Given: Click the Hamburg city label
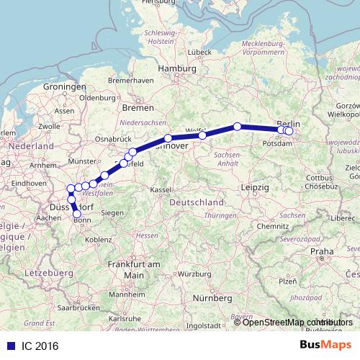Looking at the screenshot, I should point(176,69).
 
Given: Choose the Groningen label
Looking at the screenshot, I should point(64,87).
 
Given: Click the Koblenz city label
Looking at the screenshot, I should point(96,239).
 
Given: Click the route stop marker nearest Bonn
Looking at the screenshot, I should point(77,214).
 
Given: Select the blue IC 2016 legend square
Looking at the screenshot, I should point(6,345).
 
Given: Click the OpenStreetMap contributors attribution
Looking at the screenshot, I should point(294,322).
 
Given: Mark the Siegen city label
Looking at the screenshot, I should point(112,213).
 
